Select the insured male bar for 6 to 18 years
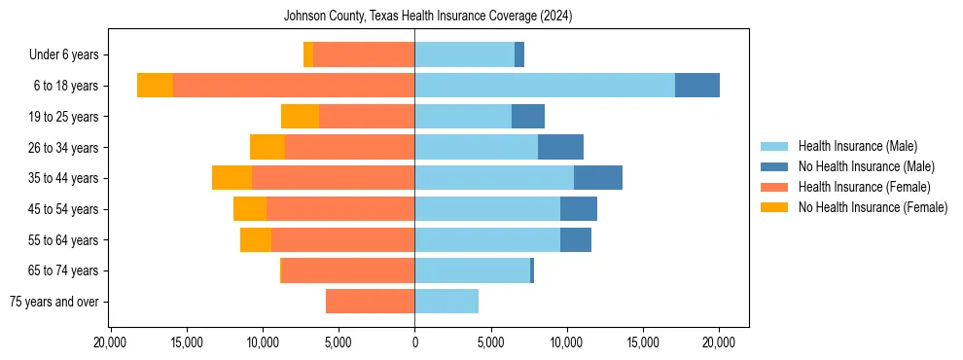coord(545,86)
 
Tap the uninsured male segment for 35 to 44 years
coord(598,178)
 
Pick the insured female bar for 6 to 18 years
coord(294,86)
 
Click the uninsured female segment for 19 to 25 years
coord(300,117)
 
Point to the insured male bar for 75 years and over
coord(446,302)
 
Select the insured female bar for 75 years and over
coord(370,302)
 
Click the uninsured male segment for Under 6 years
coord(519,55)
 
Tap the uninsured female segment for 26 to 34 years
coord(267,147)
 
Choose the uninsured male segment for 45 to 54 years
coord(579,209)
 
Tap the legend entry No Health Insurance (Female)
coord(873,207)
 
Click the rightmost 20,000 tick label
coord(719,342)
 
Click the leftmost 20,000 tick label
coord(111,342)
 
